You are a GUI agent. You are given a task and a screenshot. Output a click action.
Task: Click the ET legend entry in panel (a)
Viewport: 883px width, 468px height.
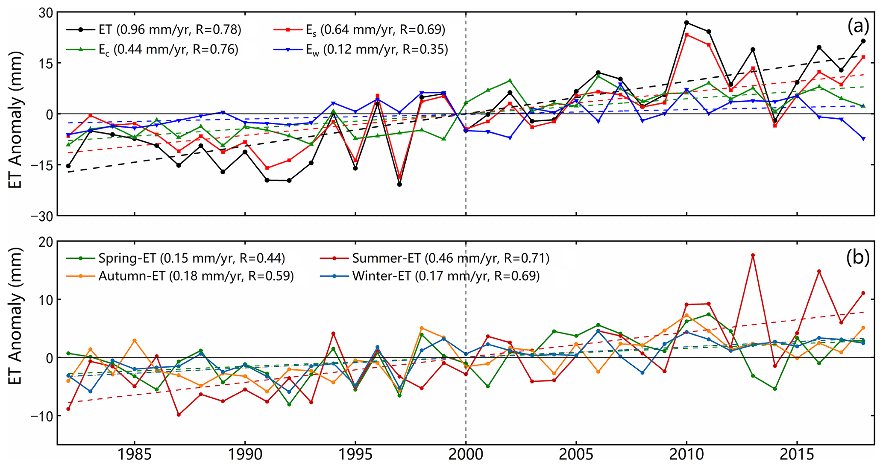point(154,29)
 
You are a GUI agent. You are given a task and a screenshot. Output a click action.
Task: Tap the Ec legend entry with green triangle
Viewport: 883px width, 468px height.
point(153,50)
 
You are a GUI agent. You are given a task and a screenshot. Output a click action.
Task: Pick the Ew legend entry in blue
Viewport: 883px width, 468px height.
point(361,50)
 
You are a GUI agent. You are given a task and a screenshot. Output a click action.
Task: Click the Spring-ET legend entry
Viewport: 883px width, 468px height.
point(176,258)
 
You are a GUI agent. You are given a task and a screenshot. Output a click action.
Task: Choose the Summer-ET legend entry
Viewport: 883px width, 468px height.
point(434,258)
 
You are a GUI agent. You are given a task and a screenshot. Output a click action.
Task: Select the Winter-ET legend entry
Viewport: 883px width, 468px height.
point(430,276)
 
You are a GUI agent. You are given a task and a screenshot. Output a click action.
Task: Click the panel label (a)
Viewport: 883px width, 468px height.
point(858,26)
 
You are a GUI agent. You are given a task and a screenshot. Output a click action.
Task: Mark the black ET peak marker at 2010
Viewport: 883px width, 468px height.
point(686,23)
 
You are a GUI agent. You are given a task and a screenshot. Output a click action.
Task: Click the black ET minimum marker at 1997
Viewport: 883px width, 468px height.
point(399,184)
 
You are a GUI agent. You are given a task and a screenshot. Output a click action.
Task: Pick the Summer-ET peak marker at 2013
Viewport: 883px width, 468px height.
point(753,255)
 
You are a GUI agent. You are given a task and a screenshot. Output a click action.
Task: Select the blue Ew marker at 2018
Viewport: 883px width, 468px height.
point(863,139)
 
